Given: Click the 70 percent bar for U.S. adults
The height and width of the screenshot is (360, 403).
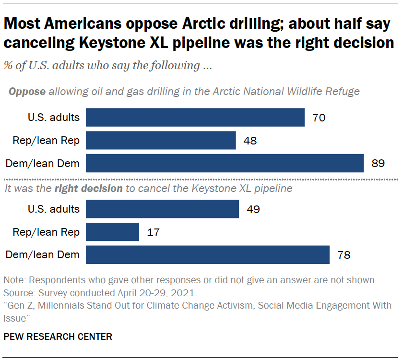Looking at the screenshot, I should coord(195,117).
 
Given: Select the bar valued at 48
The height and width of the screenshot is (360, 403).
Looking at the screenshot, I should coord(161,140).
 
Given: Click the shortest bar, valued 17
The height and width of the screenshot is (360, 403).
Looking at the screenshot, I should coord(112,232).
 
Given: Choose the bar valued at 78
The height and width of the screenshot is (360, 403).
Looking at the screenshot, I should coord(208,255).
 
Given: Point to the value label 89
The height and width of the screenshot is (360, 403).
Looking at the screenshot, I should coord(378,164).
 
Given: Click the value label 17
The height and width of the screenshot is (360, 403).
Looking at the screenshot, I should coord(153,233).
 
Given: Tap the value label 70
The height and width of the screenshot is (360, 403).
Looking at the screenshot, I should coord(319,118).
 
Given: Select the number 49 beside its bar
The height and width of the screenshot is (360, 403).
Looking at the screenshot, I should coord(253,210).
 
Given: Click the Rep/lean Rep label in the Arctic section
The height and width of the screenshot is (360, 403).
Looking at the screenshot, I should coord(46,141).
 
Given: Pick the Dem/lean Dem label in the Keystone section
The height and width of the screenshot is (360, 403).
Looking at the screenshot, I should coord(42,255).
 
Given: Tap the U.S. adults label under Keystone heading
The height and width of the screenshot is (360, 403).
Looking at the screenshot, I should coord(53,209).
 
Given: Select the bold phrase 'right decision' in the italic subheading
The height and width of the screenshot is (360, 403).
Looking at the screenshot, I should coord(88,189).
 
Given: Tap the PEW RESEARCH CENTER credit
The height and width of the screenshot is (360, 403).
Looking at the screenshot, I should coord(58,336).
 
